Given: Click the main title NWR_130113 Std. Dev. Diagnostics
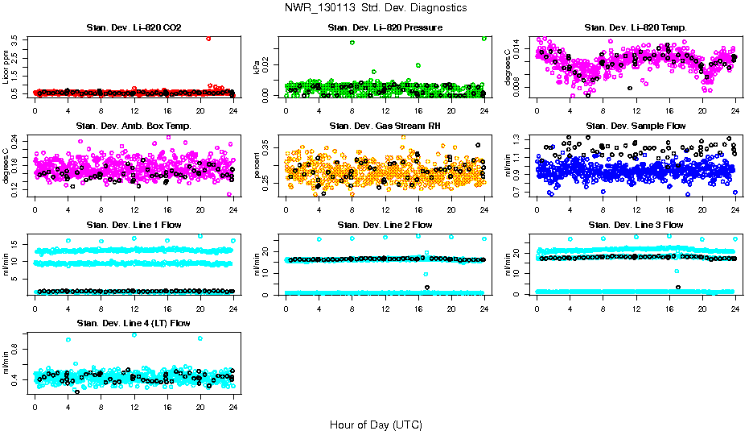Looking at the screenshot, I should [x=376, y=8].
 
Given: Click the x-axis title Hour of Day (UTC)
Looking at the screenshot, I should [x=376, y=424].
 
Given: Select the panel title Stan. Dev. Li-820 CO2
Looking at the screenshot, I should [x=134, y=28].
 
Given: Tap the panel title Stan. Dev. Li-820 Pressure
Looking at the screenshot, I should [x=385, y=28].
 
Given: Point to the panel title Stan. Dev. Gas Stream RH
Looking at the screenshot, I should [x=385, y=126].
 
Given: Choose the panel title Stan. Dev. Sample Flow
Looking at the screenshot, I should [x=636, y=126].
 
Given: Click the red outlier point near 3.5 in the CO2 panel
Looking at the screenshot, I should [x=208, y=38].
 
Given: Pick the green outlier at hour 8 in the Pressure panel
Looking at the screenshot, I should [x=352, y=42].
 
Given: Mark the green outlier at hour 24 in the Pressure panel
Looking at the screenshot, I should [x=484, y=38].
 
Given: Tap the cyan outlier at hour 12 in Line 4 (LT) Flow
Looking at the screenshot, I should [x=134, y=334].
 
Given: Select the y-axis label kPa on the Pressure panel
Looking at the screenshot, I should [x=257, y=68].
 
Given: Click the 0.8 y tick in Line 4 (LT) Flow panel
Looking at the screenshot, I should [x=19, y=348].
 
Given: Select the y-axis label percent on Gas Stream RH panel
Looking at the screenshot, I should [x=257, y=166].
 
